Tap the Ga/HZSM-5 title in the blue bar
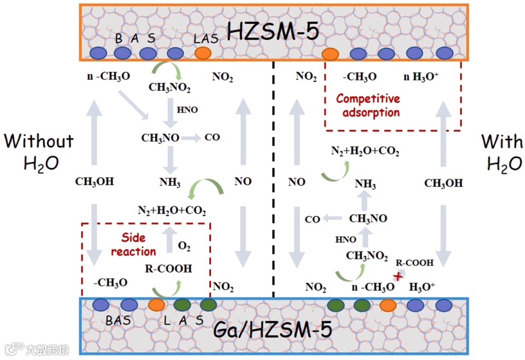pyautogui.click(x=281, y=330)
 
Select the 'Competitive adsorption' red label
pyautogui.click(x=368, y=105)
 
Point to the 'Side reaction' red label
pyautogui.click(x=134, y=244)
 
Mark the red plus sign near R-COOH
pyautogui.click(x=398, y=276)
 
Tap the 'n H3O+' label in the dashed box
pyautogui.click(x=421, y=77)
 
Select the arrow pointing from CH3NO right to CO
pyautogui.click(x=190, y=138)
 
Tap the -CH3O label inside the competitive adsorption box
pyautogui.click(x=360, y=77)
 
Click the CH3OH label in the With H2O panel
pyautogui.click(x=443, y=183)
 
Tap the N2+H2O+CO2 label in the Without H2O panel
pyautogui.click(x=172, y=210)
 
